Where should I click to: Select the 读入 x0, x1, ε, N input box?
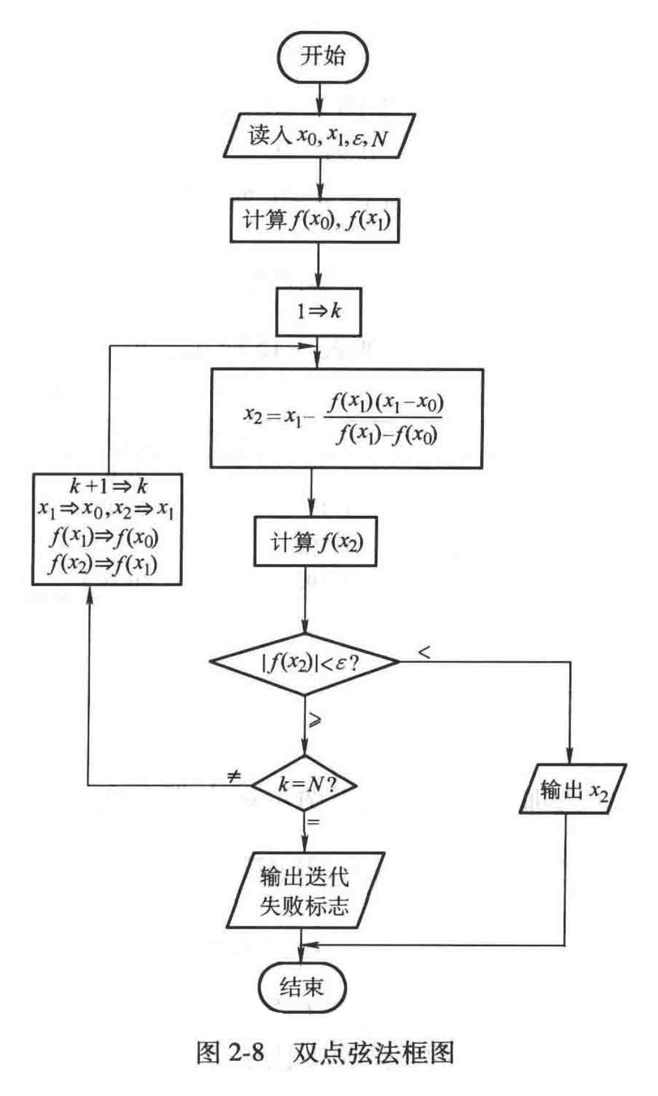pyautogui.click(x=318, y=136)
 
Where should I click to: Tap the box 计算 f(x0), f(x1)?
pyautogui.click(x=315, y=220)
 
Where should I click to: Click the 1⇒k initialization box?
pyautogui.click(x=318, y=311)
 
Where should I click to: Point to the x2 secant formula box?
pyautogui.click(x=346, y=418)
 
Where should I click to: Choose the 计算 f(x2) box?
pyautogui.click(x=315, y=542)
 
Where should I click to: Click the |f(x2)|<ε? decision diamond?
pyautogui.click(x=305, y=663)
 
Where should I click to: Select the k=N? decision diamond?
pyautogui.click(x=305, y=785)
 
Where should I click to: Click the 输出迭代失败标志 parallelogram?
pyautogui.click(x=305, y=890)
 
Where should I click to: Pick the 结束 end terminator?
pyautogui.click(x=302, y=987)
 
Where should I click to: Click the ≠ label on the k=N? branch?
pyautogui.click(x=234, y=776)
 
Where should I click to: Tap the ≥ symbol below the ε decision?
pyautogui.click(x=315, y=720)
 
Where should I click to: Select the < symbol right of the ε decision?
pyautogui.click(x=424, y=652)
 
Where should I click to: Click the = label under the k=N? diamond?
pyautogui.click(x=314, y=822)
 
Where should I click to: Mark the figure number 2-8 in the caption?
pyautogui.click(x=247, y=1052)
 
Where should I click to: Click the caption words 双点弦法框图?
pyautogui.click(x=374, y=1052)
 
